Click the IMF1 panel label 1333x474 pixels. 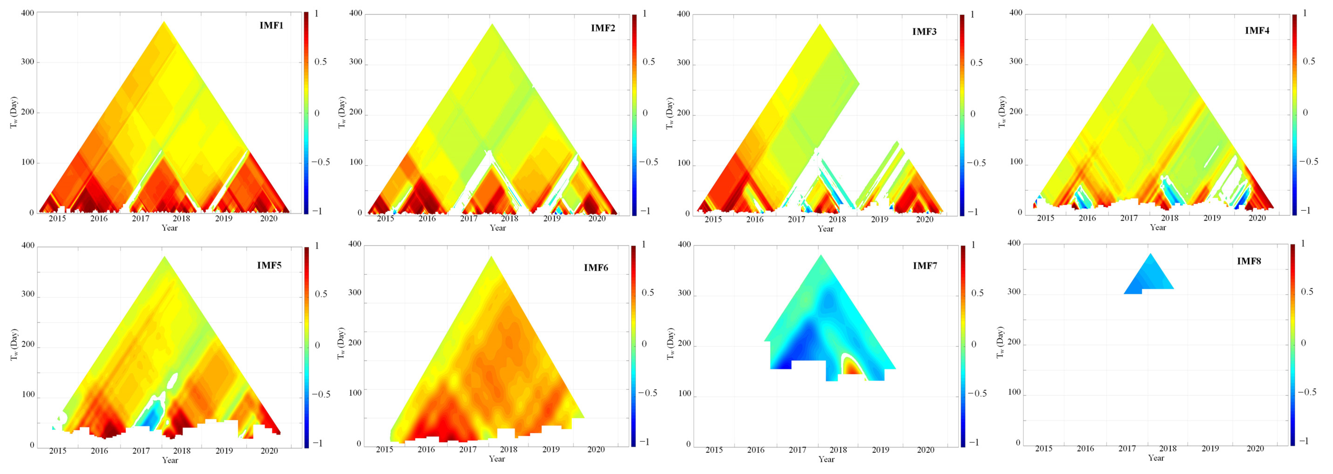click(x=271, y=25)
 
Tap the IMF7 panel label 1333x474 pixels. click(x=925, y=266)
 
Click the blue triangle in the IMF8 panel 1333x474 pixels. click(x=1150, y=277)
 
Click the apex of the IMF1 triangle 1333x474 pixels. click(x=164, y=22)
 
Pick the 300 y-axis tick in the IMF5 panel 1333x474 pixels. click(x=27, y=294)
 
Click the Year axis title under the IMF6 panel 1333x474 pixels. click(x=497, y=459)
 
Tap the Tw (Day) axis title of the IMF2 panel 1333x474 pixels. click(x=342, y=112)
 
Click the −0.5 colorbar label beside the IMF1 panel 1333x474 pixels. click(x=320, y=162)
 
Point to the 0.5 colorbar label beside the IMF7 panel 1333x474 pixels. click(x=977, y=293)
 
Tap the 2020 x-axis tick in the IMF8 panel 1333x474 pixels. click(x=1255, y=449)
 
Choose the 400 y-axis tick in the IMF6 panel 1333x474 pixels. click(x=355, y=244)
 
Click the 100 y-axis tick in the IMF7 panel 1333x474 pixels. click(x=684, y=393)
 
